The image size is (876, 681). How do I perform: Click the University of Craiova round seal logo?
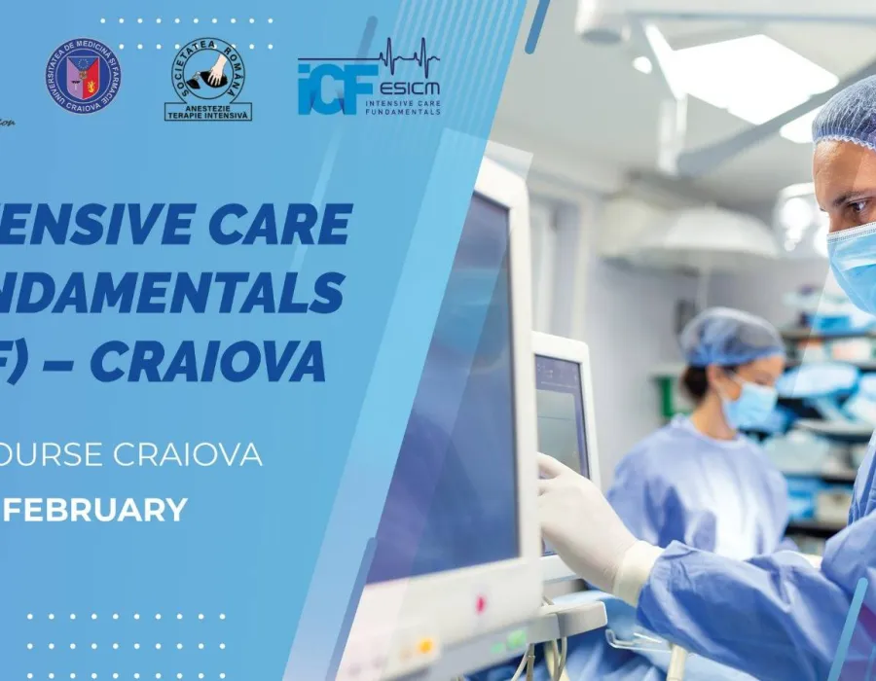tap(83, 76)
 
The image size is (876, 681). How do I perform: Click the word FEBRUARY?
tap(102, 510)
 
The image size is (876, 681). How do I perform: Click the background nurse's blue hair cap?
tap(730, 337)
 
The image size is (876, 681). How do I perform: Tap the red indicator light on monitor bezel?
tap(479, 604)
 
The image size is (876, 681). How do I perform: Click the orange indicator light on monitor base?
tap(425, 644)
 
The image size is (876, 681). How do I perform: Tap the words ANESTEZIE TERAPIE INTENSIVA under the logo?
tap(208, 112)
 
